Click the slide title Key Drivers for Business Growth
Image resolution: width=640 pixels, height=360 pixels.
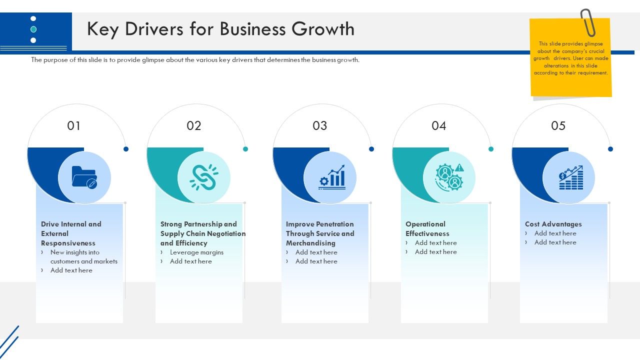pos(220,29)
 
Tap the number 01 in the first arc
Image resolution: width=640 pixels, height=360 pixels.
pos(74,126)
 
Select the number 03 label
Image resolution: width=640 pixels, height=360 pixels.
pos(319,126)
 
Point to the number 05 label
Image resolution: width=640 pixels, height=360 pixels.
pos(558,126)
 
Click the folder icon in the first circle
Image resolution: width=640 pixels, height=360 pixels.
pos(84,177)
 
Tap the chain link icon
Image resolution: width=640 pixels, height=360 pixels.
pos(203,177)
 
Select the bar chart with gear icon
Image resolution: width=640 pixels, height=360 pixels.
pos(332,177)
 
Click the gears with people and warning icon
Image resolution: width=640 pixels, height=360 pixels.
pos(449,177)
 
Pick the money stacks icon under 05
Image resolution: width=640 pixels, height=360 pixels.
pos(570,177)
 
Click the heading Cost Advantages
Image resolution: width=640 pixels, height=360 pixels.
pos(553,224)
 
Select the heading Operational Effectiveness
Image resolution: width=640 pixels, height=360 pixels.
pos(427,229)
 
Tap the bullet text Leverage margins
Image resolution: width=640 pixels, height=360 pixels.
pos(196,252)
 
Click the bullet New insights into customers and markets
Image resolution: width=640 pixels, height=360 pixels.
pos(83,257)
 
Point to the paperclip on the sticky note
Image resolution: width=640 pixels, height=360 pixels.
pos(587,22)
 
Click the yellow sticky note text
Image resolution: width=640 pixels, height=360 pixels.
pos(570,58)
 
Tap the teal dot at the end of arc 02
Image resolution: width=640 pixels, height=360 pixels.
pos(245,149)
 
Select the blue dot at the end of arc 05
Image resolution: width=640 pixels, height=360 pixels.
pos(610,149)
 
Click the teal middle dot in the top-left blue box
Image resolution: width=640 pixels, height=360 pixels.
pos(33,29)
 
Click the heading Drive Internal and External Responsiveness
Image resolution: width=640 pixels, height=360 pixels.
pos(71,233)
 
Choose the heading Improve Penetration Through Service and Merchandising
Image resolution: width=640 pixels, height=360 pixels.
pos(320,233)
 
